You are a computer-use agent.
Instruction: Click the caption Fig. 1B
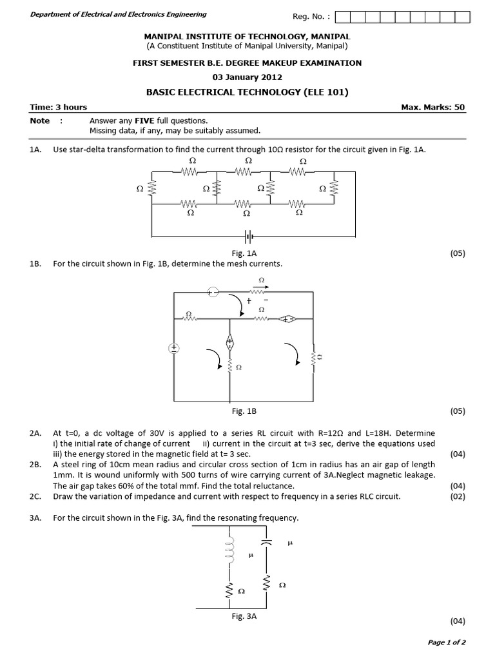[244, 411]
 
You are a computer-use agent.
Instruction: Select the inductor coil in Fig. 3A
[228, 550]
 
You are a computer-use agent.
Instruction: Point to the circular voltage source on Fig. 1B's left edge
[173, 349]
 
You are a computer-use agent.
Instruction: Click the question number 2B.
[35, 464]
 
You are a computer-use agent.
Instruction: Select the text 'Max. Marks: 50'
[432, 107]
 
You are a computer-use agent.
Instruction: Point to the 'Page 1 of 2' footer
[447, 642]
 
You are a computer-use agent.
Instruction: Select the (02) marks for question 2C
[457, 496]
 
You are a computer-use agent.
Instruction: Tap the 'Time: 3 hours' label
[59, 107]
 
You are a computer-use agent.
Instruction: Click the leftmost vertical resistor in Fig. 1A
[152, 189]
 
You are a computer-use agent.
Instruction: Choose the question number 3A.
[35, 518]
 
